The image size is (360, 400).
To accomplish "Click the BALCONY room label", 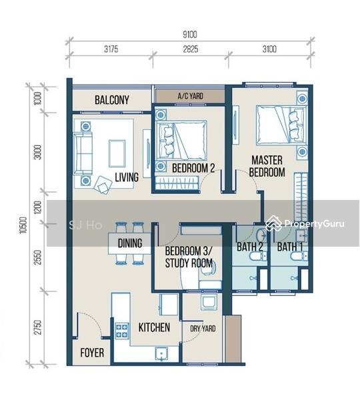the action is coord(112,100).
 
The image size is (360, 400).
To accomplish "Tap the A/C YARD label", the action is coord(190,96).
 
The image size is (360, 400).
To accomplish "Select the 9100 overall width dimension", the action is coord(190,35).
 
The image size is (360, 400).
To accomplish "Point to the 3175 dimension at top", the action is coord(111,49).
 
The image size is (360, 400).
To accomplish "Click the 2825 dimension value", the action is coord(190,49).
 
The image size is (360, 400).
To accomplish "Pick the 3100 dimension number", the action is coord(269,49).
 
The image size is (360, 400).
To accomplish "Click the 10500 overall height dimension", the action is coord(23,225).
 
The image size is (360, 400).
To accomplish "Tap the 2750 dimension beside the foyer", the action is coord(37,327).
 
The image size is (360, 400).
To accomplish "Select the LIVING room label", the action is coord(127,177).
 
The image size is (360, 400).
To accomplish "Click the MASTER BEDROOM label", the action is coord(267,166).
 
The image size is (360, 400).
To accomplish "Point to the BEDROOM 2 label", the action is coord(193,168).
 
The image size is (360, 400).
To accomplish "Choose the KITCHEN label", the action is coord(154,327).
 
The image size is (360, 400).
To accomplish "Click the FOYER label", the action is coord(92,353).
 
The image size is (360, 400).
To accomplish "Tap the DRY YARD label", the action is coord(203,328).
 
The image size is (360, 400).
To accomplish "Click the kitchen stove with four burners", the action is coord(122,331).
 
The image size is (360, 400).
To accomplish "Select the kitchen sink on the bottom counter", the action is coord(161,354).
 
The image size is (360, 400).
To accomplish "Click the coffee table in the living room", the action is coord(117,153).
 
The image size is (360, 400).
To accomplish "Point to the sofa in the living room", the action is coord(83,153).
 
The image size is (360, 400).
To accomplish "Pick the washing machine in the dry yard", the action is coord(209,302).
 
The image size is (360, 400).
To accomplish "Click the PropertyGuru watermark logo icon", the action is coord(273,223).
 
